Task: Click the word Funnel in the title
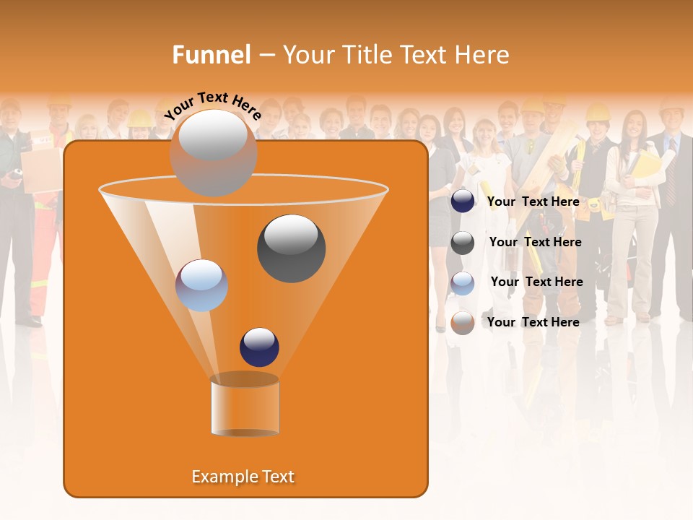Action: click(x=211, y=55)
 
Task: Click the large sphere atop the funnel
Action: click(x=213, y=152)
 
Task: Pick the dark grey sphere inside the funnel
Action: click(x=291, y=248)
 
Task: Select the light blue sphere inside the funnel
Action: click(x=201, y=285)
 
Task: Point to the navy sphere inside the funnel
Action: click(x=259, y=347)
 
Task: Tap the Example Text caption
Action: click(x=243, y=477)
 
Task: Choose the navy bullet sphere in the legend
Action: click(x=463, y=201)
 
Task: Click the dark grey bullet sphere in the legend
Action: click(x=463, y=243)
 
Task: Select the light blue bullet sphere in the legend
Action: click(x=463, y=283)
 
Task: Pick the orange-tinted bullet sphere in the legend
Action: click(x=463, y=323)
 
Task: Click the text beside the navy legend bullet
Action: click(x=533, y=201)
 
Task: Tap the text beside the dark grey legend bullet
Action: click(x=535, y=242)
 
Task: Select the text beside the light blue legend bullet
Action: click(x=536, y=282)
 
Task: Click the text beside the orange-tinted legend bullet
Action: click(x=533, y=322)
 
